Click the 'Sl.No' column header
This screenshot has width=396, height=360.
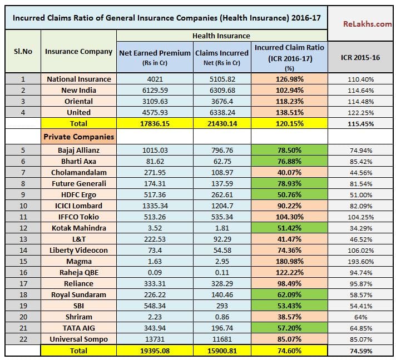23,51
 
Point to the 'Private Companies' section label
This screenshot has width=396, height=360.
78,136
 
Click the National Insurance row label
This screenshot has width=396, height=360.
78,79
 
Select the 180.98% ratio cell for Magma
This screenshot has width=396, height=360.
289,261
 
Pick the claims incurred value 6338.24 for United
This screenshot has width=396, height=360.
221,112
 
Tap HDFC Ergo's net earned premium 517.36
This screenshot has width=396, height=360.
155,194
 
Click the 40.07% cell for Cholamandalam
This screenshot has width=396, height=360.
289,172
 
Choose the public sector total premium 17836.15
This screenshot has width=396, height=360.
155,123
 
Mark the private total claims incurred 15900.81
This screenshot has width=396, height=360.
221,351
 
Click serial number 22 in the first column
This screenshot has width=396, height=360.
23,339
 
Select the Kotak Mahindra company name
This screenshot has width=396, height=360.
78,228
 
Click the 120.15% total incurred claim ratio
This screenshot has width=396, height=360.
289,123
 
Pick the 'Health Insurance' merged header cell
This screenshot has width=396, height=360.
221,36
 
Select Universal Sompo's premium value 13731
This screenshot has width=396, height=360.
155,339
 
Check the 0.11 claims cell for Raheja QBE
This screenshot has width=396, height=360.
221,272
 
